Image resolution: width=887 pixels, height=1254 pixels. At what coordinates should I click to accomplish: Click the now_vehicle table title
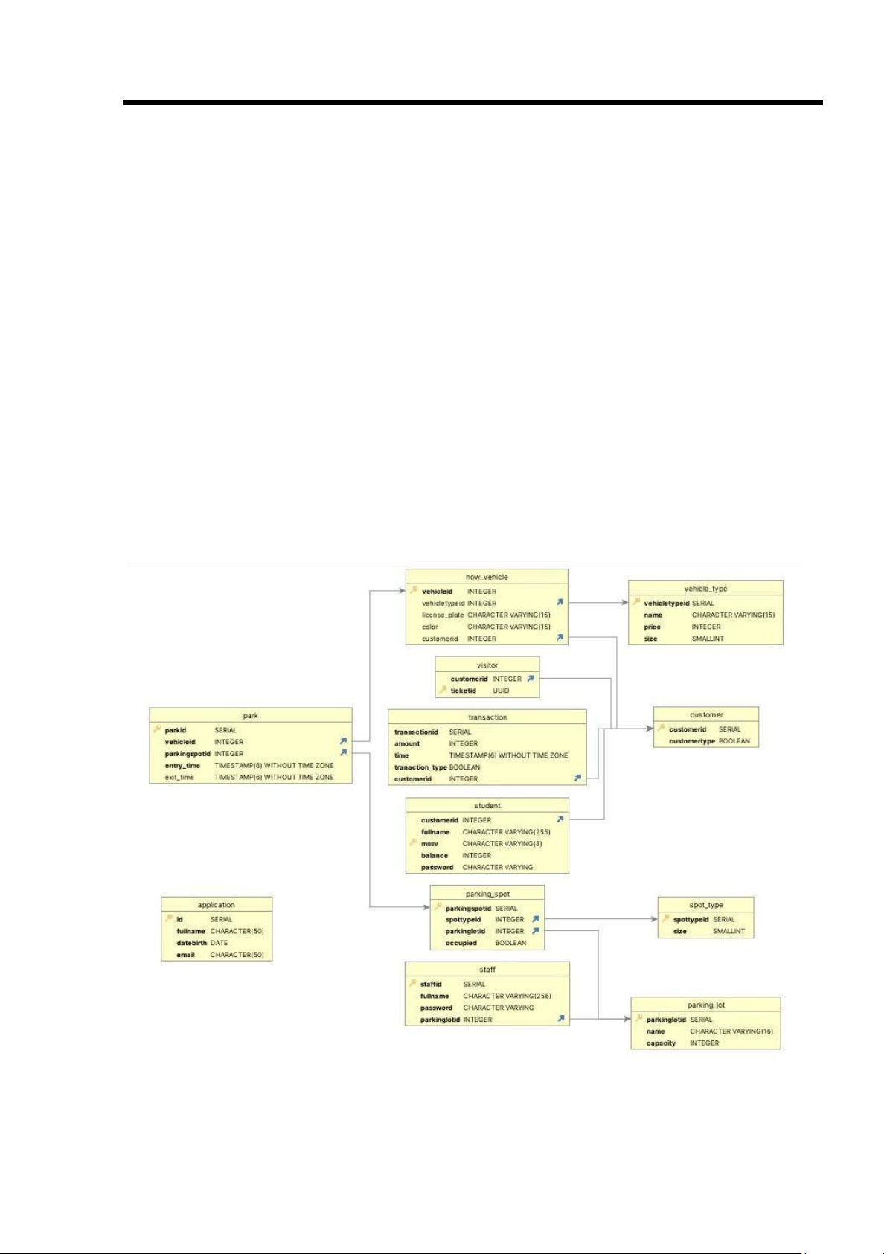[x=487, y=577]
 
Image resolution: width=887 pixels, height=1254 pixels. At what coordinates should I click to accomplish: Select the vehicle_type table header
[x=705, y=589]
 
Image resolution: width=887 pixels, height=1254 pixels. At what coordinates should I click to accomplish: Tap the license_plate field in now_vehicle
[x=443, y=615]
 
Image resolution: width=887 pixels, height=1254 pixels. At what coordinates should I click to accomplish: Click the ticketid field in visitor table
[x=463, y=691]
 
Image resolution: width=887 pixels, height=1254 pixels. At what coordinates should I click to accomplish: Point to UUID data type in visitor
[x=501, y=691]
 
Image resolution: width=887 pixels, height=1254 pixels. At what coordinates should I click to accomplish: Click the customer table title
[x=706, y=714]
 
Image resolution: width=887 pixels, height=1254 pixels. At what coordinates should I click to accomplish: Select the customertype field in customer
[x=692, y=741]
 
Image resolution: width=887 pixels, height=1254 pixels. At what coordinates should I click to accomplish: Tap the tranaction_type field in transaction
[x=420, y=767]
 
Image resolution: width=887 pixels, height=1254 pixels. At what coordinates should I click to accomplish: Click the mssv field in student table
[x=429, y=844]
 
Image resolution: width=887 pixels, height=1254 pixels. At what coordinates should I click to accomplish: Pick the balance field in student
[x=435, y=856]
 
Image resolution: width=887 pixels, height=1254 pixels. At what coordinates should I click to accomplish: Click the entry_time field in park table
[x=182, y=766]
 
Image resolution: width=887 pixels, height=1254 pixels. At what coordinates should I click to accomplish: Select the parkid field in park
[x=176, y=730]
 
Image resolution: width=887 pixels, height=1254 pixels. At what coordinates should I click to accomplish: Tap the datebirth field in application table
[x=191, y=943]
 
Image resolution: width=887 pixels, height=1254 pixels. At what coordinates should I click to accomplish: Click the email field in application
[x=185, y=955]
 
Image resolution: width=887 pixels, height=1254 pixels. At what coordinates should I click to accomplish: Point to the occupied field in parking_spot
[x=461, y=943]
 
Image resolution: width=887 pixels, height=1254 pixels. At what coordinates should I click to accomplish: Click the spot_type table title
[x=705, y=905]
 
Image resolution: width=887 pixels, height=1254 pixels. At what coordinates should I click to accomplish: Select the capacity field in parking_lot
[x=661, y=1043]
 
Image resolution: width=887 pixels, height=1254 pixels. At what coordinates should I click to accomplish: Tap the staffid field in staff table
[x=430, y=984]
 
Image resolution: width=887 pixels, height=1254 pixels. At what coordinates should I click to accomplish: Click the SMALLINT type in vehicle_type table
[x=708, y=639]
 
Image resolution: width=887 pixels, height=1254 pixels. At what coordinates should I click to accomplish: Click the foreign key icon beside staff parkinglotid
[x=561, y=1019]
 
